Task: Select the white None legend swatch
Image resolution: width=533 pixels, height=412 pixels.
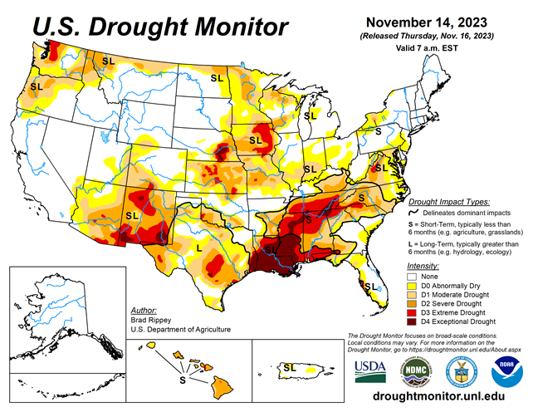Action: [x=411, y=277]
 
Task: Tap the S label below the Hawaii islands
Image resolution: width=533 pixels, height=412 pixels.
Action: [x=183, y=380]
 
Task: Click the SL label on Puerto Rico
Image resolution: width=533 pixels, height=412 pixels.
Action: [x=289, y=366]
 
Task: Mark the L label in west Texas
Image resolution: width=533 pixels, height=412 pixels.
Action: [x=198, y=248]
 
